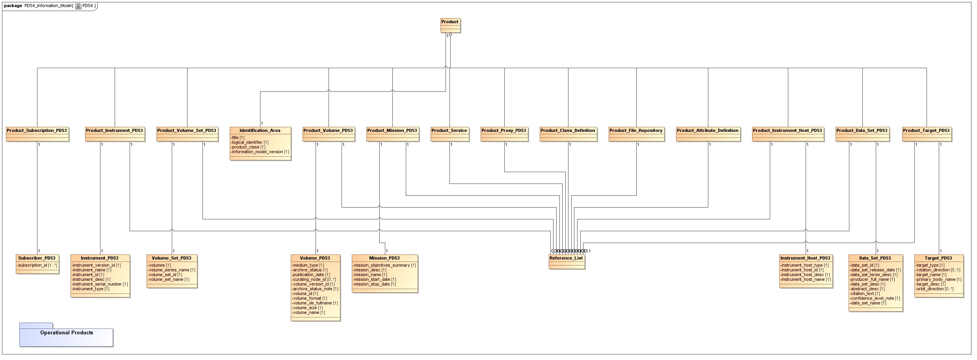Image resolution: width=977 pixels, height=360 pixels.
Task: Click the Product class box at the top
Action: (450, 25)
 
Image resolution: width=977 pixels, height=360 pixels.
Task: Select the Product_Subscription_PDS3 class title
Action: (37, 130)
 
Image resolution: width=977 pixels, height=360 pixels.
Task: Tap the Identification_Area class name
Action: (260, 130)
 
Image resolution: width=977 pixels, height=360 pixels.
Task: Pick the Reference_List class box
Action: (567, 261)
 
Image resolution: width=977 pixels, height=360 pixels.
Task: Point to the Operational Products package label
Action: (67, 333)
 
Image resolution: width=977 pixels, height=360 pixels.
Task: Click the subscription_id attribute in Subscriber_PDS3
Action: (37, 265)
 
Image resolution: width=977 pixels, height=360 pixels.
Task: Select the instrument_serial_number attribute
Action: (100, 284)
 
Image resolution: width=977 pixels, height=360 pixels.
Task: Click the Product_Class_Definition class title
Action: (568, 130)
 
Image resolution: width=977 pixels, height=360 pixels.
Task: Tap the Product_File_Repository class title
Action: (636, 130)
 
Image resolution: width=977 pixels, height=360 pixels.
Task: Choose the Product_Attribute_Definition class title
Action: (708, 130)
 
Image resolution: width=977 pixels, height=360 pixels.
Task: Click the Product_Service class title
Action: (449, 130)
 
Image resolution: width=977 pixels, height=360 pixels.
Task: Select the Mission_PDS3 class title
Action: (384, 258)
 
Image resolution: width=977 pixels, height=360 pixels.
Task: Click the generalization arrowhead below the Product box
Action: (450, 35)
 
